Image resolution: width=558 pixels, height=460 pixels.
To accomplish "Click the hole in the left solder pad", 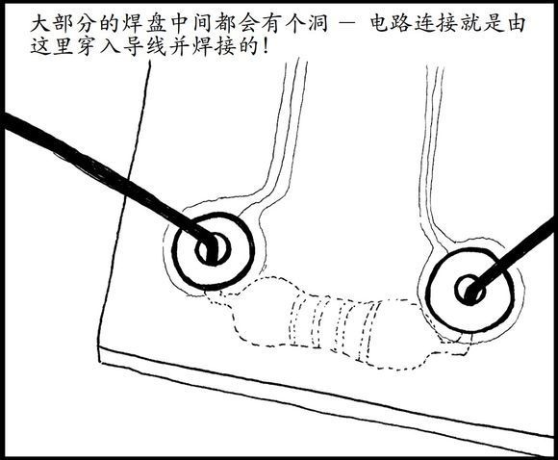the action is (x=213, y=249).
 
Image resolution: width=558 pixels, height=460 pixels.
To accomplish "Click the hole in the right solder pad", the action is (x=470, y=291).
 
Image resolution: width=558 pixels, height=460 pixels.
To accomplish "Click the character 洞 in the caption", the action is (x=317, y=24).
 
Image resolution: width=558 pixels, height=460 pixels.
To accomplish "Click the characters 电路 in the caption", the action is (x=390, y=24).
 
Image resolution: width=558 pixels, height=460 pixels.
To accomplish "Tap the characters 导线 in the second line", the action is (x=143, y=46).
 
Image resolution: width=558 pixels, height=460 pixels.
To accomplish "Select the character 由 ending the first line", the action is (x=515, y=24).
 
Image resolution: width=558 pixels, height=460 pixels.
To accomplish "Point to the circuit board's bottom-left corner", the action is (x=99, y=363).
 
